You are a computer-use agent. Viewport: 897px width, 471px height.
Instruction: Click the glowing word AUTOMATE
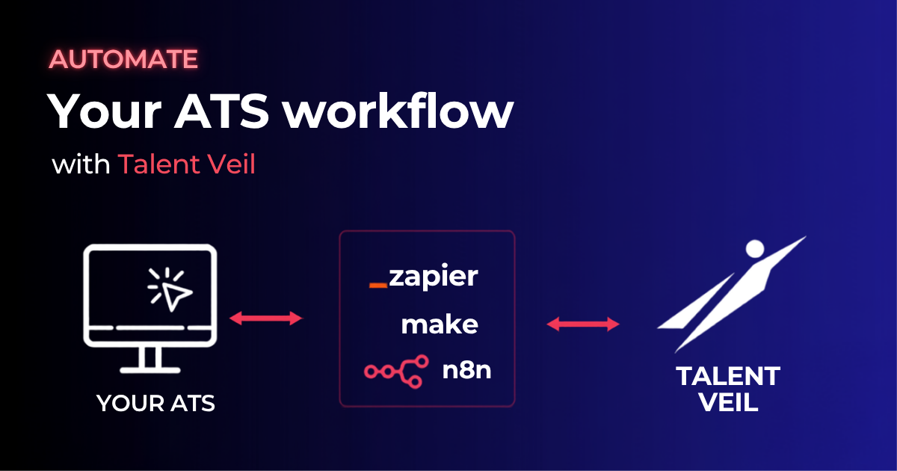point(123,59)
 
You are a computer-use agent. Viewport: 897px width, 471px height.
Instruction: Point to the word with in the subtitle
point(81,164)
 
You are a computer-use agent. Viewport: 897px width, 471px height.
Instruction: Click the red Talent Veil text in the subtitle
point(187,164)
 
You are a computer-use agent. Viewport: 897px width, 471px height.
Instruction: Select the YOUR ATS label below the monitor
point(155,403)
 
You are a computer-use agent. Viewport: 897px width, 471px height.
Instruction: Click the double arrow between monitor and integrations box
point(266,318)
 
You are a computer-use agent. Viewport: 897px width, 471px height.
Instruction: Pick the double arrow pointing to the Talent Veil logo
point(583,324)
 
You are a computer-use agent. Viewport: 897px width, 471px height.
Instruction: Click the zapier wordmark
point(434,277)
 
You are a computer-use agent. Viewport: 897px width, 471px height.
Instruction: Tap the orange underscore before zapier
point(378,285)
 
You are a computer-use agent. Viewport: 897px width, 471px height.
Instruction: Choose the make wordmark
point(440,324)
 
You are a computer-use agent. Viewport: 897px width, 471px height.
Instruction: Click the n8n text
point(466,371)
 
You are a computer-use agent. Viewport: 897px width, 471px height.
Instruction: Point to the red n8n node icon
point(396,372)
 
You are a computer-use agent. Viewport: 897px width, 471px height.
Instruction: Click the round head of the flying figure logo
point(755,249)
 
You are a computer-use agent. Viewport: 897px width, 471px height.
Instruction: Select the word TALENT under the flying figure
point(728,376)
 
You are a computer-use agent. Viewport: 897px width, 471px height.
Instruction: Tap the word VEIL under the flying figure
point(728,401)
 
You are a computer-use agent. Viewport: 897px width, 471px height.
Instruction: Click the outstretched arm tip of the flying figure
point(804,238)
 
